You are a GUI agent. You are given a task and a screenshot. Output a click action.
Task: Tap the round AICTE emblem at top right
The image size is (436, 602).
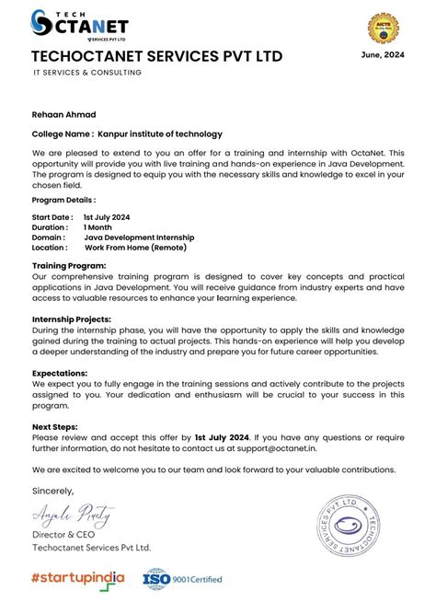(385, 29)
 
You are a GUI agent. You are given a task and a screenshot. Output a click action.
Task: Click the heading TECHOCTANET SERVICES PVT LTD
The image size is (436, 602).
(156, 57)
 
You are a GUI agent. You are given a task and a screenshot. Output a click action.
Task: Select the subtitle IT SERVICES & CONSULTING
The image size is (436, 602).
(87, 73)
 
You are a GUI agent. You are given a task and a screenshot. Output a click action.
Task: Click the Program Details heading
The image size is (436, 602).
(63, 200)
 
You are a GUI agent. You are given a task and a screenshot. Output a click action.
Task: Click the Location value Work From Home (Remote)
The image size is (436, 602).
(135, 248)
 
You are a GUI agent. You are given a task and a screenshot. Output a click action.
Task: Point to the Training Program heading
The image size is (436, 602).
(69, 265)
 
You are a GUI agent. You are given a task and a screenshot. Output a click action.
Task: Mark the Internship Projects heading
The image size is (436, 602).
(73, 318)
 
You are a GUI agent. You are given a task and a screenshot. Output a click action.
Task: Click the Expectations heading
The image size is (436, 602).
(60, 373)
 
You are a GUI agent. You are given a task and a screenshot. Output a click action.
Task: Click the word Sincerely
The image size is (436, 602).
(52, 490)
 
